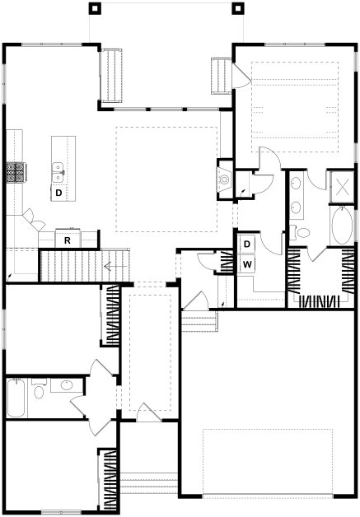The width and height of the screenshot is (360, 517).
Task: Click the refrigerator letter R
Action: point(68,240)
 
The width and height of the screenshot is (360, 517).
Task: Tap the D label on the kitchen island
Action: point(58,193)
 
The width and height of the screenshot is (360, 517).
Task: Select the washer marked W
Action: point(248,263)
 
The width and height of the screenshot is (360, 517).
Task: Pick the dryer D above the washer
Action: point(247,244)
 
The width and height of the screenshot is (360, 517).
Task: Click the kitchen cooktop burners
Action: point(16,172)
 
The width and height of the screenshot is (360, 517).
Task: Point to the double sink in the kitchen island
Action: point(58,172)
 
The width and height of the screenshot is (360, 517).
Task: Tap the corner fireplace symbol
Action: point(225,179)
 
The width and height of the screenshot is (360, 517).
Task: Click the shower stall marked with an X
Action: point(342,186)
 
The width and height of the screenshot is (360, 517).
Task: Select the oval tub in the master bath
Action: point(342,226)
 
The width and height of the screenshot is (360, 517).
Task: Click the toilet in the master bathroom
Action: point(301,232)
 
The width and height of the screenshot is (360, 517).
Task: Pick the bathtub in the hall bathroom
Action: point(16,398)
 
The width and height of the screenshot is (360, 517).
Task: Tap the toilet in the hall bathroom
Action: point(38,389)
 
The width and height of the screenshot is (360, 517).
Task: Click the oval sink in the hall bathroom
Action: point(67,384)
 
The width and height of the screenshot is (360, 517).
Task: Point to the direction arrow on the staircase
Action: point(115,266)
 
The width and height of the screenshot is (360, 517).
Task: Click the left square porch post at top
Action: point(95,8)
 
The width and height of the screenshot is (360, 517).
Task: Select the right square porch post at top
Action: point(238,8)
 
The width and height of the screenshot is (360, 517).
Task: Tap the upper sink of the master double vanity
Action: point(296,183)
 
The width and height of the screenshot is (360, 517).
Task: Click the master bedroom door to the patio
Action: point(241,76)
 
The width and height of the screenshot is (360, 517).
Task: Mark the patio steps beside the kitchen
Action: point(111,75)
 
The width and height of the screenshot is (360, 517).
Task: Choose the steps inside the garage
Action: point(199,320)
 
